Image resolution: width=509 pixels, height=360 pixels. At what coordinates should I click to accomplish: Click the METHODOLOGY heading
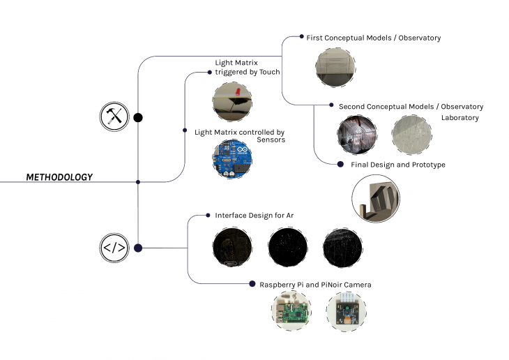[59, 177]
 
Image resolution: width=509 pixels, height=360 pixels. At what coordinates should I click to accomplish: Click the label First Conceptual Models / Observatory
[373, 38]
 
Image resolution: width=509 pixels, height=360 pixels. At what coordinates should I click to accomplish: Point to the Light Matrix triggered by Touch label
[247, 68]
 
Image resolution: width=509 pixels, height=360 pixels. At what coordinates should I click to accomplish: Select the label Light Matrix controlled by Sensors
[239, 135]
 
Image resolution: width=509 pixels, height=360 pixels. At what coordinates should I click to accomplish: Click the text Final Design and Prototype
[392, 165]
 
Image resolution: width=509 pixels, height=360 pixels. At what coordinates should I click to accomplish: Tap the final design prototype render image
[376, 199]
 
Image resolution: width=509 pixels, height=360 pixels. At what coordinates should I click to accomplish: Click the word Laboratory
[459, 118]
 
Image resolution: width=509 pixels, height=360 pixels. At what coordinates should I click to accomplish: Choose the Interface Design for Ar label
[254, 216]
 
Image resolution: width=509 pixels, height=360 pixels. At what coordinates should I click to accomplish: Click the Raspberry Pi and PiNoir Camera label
[315, 285]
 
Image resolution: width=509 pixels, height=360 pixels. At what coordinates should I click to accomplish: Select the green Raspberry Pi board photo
[291, 310]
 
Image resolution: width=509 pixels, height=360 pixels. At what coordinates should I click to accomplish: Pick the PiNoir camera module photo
[346, 311]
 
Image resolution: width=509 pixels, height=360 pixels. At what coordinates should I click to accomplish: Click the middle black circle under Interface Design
[288, 246]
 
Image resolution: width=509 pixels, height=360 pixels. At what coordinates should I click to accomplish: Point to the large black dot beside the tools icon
[138, 117]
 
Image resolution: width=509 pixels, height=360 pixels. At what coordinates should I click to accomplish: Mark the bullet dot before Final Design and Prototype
[341, 165]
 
